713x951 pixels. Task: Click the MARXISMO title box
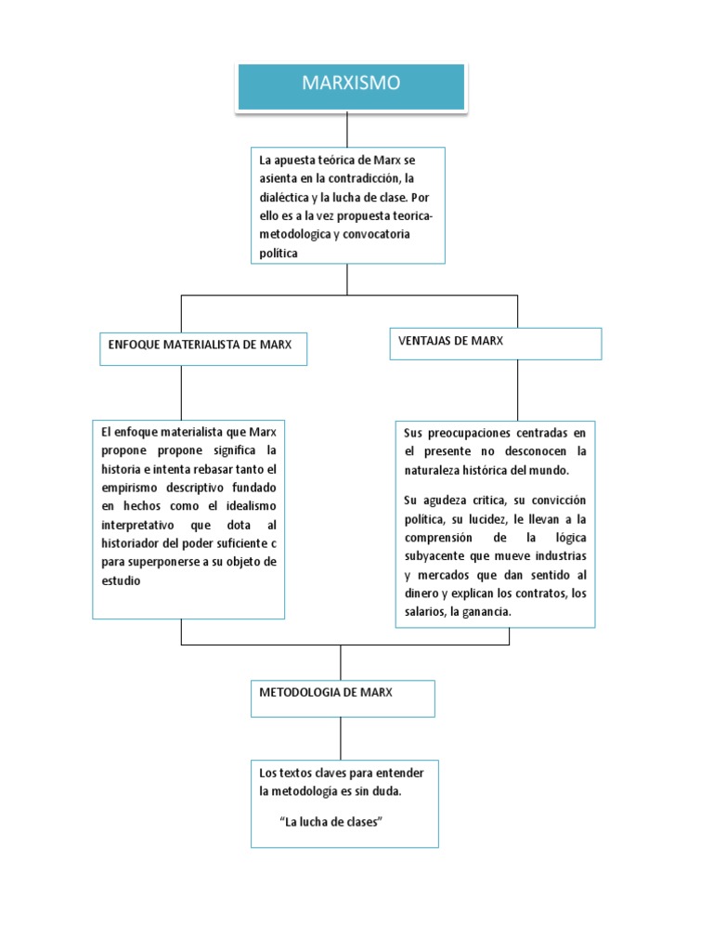351,85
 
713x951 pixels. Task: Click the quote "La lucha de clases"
331,822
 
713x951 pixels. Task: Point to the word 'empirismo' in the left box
133,488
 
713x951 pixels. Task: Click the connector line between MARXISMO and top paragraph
347,128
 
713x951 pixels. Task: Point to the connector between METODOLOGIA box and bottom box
341,738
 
